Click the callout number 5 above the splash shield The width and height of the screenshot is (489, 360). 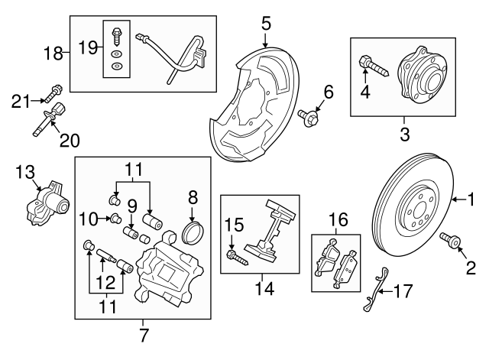point(266,24)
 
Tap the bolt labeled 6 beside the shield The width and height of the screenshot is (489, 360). point(308,117)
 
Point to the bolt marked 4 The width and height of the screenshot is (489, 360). point(374,66)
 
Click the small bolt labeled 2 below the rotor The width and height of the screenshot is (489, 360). point(451,240)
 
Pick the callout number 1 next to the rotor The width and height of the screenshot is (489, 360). point(471,199)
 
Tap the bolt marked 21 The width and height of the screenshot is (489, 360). point(53,93)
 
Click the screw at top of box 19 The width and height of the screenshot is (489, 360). point(116,36)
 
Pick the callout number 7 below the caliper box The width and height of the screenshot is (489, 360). point(143,336)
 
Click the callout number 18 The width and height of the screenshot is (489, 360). point(53,53)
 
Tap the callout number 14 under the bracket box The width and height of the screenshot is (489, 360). point(264,289)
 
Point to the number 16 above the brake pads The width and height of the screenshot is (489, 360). point(338,219)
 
